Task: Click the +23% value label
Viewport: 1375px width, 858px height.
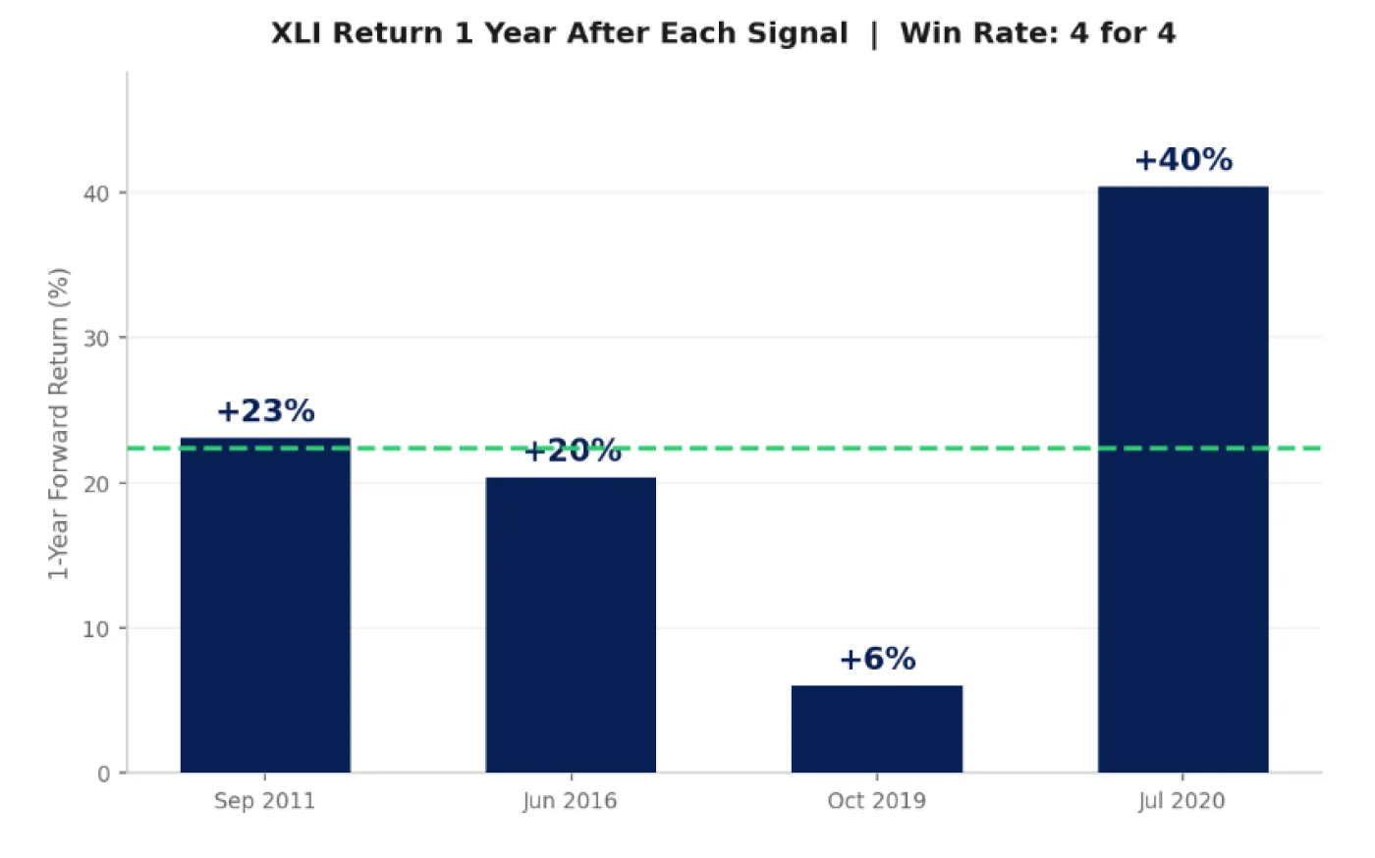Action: coord(265,411)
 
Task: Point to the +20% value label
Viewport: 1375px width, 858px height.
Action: coord(573,452)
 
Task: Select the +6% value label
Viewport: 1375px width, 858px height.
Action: coord(877,659)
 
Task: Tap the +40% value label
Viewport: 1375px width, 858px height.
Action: coord(1183,160)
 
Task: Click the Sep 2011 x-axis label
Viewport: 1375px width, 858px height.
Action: coord(265,801)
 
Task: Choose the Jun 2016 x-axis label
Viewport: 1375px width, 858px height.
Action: coord(570,801)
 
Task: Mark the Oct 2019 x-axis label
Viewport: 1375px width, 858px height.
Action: coord(877,801)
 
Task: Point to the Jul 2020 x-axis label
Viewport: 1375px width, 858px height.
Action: coord(1182,801)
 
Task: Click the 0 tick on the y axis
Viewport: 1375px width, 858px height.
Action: coord(104,775)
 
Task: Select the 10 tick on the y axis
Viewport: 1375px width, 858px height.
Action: coord(96,629)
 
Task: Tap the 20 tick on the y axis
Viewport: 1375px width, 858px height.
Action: coord(96,484)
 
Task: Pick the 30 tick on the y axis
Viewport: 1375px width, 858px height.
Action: coord(96,339)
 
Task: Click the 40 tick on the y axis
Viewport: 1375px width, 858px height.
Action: coord(96,193)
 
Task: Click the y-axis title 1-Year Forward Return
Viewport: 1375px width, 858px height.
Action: coord(59,423)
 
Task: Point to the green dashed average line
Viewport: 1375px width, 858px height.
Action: coord(786,449)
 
